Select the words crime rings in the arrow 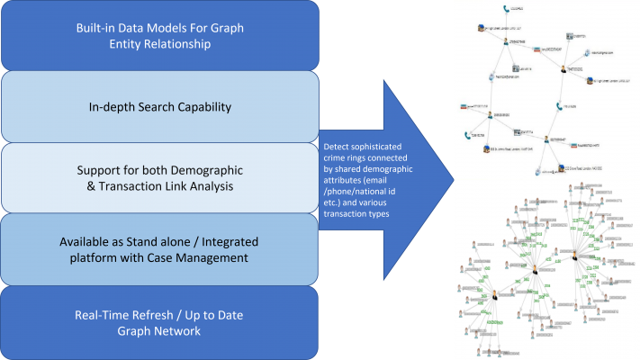[343, 157]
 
